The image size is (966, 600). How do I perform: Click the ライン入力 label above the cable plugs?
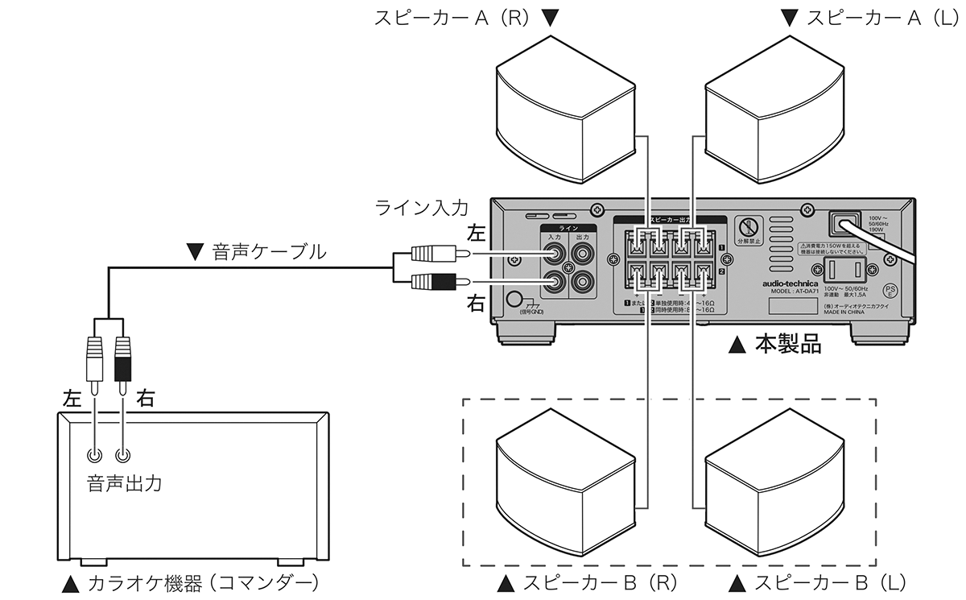[421, 208]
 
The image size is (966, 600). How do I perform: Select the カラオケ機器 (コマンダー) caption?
[193, 581]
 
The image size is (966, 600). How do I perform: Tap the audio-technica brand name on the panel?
[790, 283]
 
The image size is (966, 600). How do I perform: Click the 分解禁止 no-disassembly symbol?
[749, 228]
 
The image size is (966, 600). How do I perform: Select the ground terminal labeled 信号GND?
[515, 300]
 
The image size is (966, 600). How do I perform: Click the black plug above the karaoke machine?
[122, 362]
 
